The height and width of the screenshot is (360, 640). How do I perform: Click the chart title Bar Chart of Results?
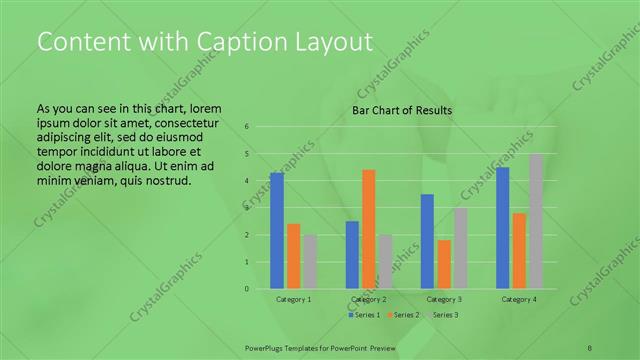[x=402, y=110]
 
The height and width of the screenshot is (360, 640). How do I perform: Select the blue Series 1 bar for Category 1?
[x=277, y=231]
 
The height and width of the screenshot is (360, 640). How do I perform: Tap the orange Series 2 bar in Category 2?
[x=369, y=229]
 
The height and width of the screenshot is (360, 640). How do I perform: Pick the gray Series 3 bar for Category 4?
[x=535, y=221]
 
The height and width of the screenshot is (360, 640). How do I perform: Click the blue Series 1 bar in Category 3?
[x=427, y=241]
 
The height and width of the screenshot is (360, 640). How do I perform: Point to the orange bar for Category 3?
[x=444, y=264]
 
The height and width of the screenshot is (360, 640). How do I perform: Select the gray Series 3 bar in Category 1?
[x=311, y=262]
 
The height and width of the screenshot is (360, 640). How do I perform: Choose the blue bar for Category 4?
[x=503, y=228]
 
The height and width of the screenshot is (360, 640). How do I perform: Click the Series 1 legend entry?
[x=365, y=315]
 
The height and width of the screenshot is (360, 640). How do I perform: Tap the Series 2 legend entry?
[x=403, y=315]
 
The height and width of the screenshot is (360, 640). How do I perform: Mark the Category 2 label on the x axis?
[x=370, y=299]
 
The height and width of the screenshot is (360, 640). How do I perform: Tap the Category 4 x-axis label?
[x=519, y=299]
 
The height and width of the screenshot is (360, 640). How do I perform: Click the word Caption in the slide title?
[x=225, y=42]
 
